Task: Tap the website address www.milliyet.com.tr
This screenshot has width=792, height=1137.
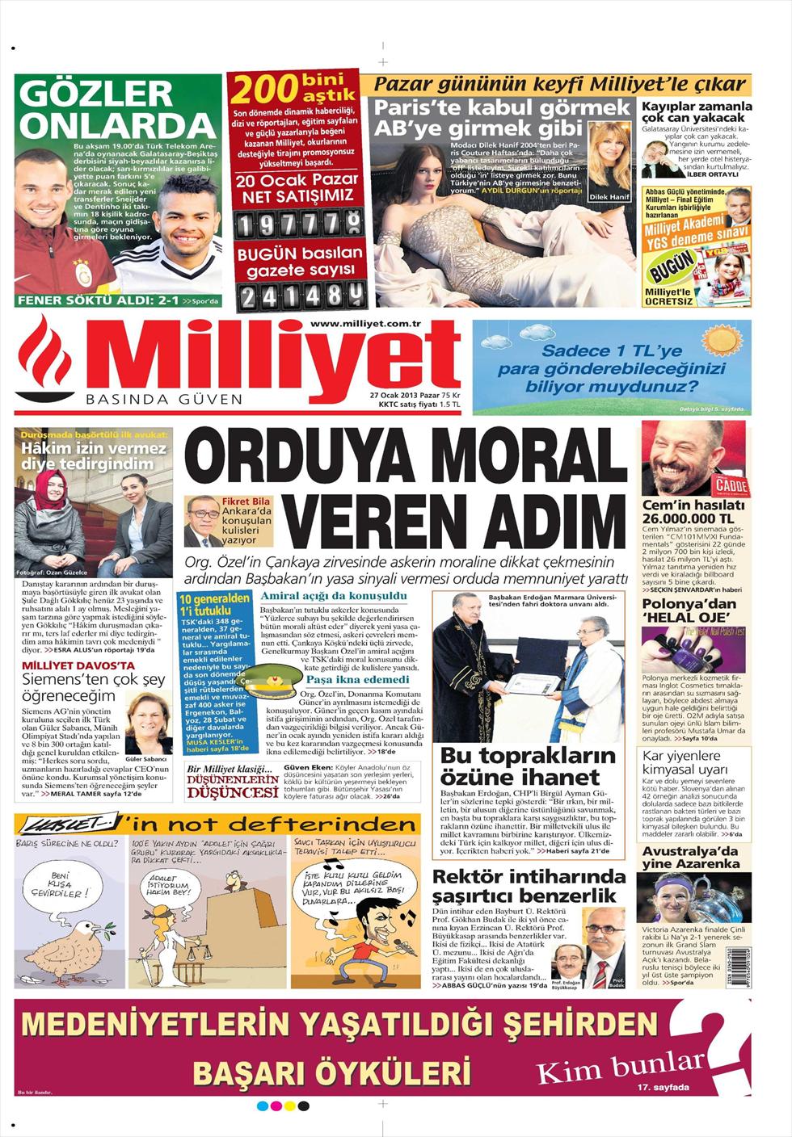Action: pyautogui.click(x=367, y=323)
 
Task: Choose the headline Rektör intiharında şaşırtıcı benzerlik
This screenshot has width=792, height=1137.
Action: pyautogui.click(x=529, y=886)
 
